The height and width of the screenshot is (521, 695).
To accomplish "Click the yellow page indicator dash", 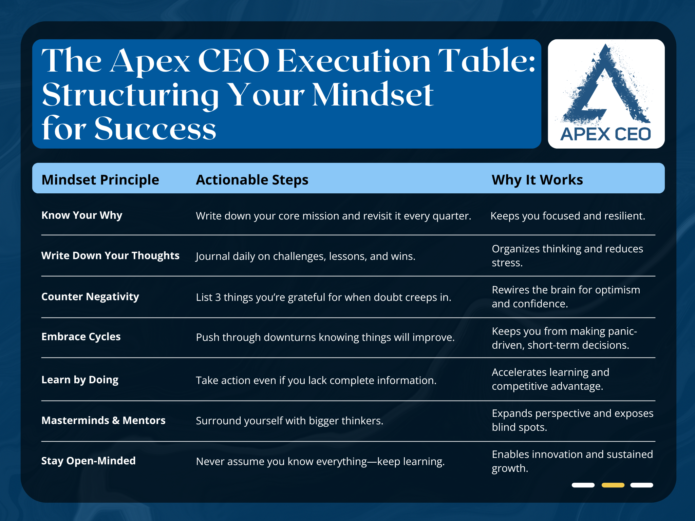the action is (x=613, y=485).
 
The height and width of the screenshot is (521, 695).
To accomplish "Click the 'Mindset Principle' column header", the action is (x=100, y=180).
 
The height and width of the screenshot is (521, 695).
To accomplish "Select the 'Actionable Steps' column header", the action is (x=252, y=180).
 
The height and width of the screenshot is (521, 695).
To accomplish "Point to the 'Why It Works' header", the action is (x=537, y=180).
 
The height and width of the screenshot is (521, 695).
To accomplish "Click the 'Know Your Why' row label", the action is (x=82, y=215).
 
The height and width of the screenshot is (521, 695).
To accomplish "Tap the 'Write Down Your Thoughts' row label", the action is (x=110, y=255).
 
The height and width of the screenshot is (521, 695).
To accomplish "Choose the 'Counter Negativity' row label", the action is (x=90, y=296).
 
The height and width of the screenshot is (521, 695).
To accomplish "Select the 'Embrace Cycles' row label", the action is (x=81, y=336).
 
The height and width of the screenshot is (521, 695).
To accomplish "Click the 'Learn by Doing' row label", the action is (x=80, y=380).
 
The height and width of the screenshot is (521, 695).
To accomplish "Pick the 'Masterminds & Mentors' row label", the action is (x=104, y=420).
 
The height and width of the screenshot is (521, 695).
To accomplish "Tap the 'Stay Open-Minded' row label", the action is (x=89, y=461).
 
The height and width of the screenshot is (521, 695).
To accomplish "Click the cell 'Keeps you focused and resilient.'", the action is (x=568, y=216).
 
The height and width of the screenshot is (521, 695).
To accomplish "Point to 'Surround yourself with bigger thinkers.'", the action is (x=289, y=421).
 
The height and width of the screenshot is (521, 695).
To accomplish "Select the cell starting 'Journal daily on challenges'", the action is (x=305, y=256).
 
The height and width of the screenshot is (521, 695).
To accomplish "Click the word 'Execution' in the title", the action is (x=354, y=61).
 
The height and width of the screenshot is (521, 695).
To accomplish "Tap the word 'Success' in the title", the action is (x=155, y=129).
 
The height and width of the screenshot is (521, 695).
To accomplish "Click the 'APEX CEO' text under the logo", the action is (x=606, y=134).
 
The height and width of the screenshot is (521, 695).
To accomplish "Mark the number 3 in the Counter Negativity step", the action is (x=218, y=297).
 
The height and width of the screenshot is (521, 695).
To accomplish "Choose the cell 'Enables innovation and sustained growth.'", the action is (x=572, y=461).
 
